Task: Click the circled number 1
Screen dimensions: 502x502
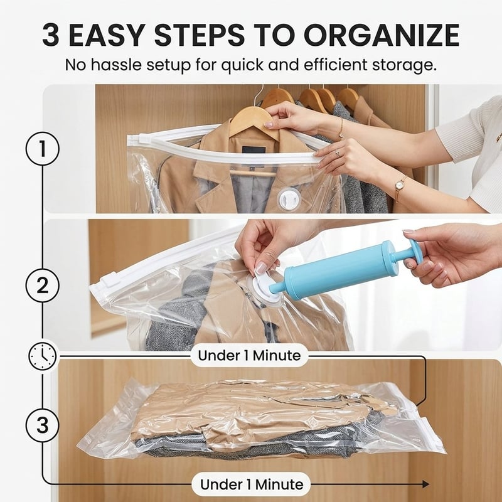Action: tap(43, 149)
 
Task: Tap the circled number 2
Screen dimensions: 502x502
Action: tap(43, 286)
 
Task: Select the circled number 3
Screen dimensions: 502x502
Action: tap(43, 426)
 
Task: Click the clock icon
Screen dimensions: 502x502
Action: tap(43, 356)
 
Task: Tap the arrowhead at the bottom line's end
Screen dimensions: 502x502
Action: tap(426, 484)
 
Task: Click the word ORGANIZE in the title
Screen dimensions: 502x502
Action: tap(382, 35)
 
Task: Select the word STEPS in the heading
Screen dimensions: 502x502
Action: tap(200, 35)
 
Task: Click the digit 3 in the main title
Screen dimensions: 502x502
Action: tap(51, 35)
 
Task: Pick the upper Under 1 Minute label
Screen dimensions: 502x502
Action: tap(249, 355)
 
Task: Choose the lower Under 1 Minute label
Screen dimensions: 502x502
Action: tap(252, 484)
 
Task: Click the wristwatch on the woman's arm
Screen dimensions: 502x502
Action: tap(400, 186)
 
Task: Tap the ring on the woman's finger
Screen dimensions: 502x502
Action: tap(338, 154)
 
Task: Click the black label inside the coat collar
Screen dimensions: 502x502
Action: tap(254, 150)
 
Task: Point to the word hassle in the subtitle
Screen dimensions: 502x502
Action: tap(116, 65)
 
